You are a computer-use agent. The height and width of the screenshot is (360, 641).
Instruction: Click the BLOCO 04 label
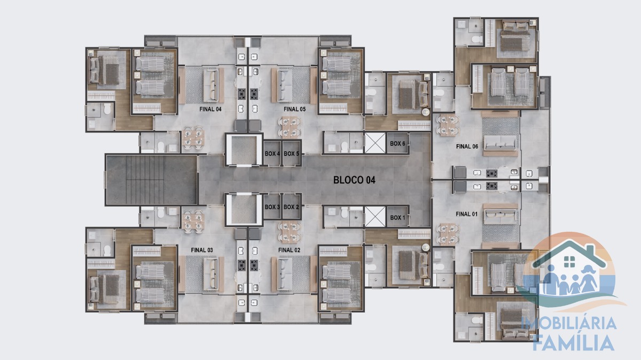(x=354, y=180)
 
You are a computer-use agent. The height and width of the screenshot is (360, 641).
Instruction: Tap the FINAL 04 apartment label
(x=210, y=109)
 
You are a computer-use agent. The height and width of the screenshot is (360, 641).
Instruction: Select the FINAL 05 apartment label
(x=294, y=109)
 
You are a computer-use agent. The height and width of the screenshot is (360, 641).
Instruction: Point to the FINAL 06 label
(x=467, y=146)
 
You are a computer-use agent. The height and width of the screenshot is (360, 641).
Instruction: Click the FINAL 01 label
(x=466, y=214)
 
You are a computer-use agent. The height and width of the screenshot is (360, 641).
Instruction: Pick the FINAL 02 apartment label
(x=289, y=250)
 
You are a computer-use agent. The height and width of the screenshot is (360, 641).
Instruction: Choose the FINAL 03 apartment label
(x=202, y=250)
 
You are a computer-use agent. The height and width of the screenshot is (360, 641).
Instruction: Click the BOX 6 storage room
(x=397, y=143)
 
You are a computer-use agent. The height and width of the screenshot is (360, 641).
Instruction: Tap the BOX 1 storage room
(x=397, y=217)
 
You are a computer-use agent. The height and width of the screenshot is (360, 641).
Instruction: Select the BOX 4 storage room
(x=272, y=154)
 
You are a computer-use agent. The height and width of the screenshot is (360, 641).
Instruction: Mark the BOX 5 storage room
(x=291, y=154)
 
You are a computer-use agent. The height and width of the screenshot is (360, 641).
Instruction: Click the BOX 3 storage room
(x=272, y=207)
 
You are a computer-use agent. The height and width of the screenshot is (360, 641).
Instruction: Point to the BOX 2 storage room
(x=291, y=207)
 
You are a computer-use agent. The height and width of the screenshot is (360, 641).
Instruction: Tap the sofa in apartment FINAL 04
(x=211, y=85)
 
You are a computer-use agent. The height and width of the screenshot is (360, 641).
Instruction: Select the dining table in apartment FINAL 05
(x=290, y=126)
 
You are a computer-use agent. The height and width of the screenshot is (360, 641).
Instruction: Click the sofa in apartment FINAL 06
(x=500, y=143)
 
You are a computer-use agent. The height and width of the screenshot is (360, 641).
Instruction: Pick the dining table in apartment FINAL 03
(x=193, y=221)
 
